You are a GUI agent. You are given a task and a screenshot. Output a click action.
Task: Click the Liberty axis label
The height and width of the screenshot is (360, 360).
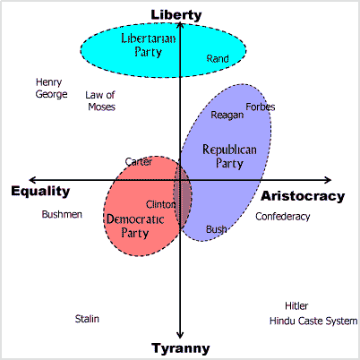pyautogui.click(x=176, y=15)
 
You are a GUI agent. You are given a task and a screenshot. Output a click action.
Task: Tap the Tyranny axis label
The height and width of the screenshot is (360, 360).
pyautogui.click(x=181, y=348)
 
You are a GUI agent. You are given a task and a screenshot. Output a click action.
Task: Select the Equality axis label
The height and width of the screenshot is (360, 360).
pyautogui.click(x=40, y=192)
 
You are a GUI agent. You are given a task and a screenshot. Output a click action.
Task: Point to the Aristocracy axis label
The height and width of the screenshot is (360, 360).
pyautogui.click(x=303, y=196)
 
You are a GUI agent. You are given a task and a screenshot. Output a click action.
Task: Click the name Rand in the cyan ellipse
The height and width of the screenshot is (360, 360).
pyautogui.click(x=218, y=58)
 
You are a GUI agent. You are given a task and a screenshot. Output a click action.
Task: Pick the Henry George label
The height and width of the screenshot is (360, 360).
pyautogui.click(x=51, y=88)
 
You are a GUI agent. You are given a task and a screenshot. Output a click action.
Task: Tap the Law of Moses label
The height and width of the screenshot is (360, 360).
pyautogui.click(x=100, y=101)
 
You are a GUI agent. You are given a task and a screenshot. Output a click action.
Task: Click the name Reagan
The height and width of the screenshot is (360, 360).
pyautogui.click(x=227, y=116)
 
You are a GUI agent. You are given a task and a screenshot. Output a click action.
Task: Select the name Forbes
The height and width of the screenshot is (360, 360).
pyautogui.click(x=261, y=107)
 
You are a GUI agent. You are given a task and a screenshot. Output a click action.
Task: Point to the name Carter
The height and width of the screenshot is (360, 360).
pyautogui.click(x=139, y=162)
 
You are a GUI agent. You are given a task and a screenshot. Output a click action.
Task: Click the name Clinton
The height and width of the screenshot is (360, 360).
pyautogui.click(x=160, y=204)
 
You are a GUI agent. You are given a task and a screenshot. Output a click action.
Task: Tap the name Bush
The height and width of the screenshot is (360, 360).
pyautogui.click(x=216, y=229)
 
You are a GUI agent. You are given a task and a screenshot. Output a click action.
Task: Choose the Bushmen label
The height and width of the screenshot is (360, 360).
pyautogui.click(x=62, y=214)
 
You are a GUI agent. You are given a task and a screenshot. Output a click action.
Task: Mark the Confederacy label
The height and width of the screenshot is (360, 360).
pyautogui.click(x=282, y=217)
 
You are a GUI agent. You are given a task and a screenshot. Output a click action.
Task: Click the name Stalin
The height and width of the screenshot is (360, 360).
pyautogui.click(x=87, y=319)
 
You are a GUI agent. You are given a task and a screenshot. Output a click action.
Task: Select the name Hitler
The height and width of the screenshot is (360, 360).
pyautogui.click(x=296, y=306)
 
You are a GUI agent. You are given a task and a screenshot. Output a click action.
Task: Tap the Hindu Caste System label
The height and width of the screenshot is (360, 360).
pyautogui.click(x=313, y=321)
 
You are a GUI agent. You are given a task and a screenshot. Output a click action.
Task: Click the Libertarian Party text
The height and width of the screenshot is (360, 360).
pyautogui.click(x=149, y=45)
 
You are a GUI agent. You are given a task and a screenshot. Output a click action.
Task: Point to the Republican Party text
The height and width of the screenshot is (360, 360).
pyautogui.click(x=229, y=157)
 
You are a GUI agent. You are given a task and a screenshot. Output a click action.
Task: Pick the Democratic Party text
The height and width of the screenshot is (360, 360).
pyautogui.click(x=135, y=226)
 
